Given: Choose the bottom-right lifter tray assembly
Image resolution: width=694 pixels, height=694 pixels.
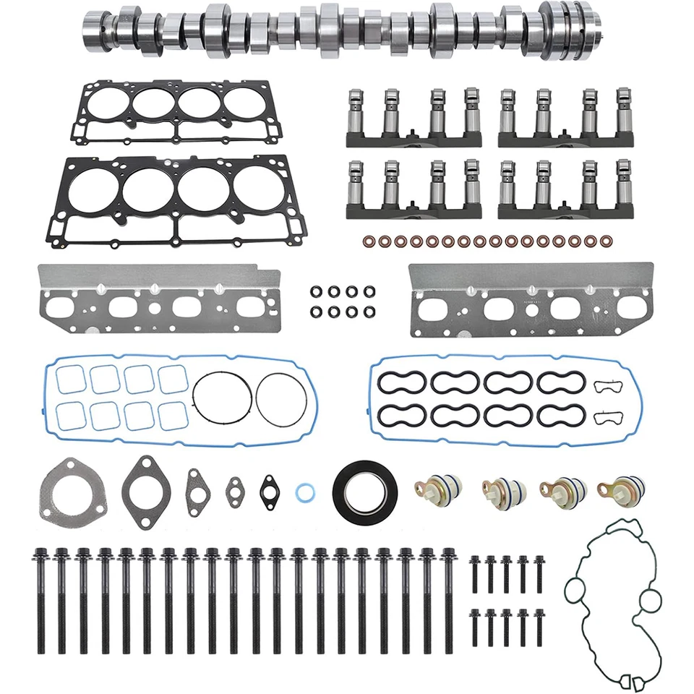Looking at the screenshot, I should coord(568,188).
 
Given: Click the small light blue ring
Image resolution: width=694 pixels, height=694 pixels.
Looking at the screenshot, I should coord(304,493).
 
